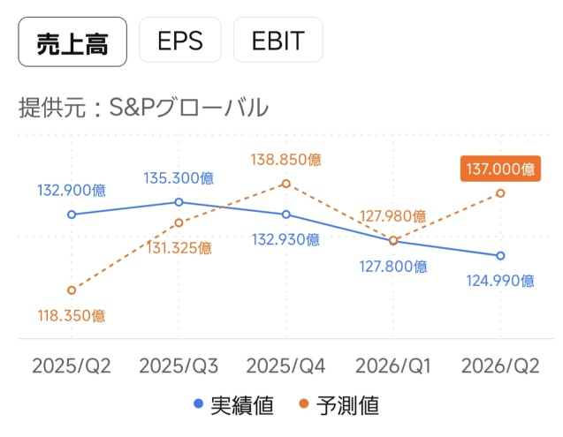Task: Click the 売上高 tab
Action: [72, 41]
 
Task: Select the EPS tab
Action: [179, 41]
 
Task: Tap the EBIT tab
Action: [278, 41]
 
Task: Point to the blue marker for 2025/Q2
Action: [72, 214]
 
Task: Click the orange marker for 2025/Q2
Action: [72, 290]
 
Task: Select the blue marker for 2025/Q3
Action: [179, 202]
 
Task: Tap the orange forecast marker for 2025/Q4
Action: [285, 184]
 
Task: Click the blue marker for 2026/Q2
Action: [500, 256]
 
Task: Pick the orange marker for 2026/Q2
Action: [500, 192]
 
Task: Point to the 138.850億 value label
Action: [285, 160]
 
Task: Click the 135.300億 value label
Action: [179, 178]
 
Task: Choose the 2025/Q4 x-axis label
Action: [285, 365]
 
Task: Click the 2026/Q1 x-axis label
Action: [392, 365]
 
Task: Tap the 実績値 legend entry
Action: [233, 407]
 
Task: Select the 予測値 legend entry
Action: [341, 407]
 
